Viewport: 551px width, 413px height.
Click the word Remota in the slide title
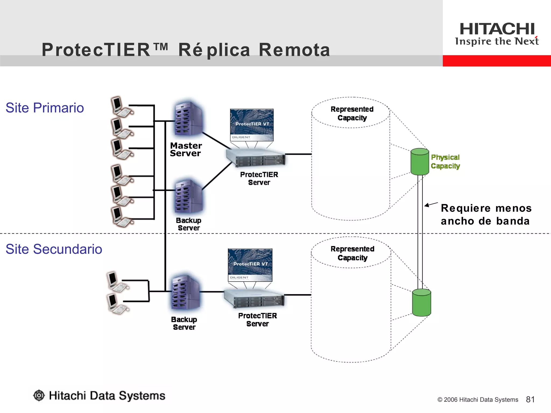pos(294,50)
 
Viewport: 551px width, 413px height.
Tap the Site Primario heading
pos(45,108)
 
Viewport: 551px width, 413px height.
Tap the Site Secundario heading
pos(54,249)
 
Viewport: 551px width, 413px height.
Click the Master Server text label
pos(186,149)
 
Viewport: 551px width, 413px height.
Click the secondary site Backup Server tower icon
pos(186,293)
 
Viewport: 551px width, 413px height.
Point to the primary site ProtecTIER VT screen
pos(252,125)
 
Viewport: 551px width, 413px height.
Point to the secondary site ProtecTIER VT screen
pos(250,265)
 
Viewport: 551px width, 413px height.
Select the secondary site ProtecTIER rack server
pos(254,298)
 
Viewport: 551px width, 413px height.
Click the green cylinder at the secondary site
pos(422,302)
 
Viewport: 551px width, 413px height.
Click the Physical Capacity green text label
pos(445,162)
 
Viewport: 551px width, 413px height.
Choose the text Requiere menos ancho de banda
pos(486,215)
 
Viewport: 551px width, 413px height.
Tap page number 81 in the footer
pos(530,400)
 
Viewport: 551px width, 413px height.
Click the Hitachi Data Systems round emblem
pos(39,395)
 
